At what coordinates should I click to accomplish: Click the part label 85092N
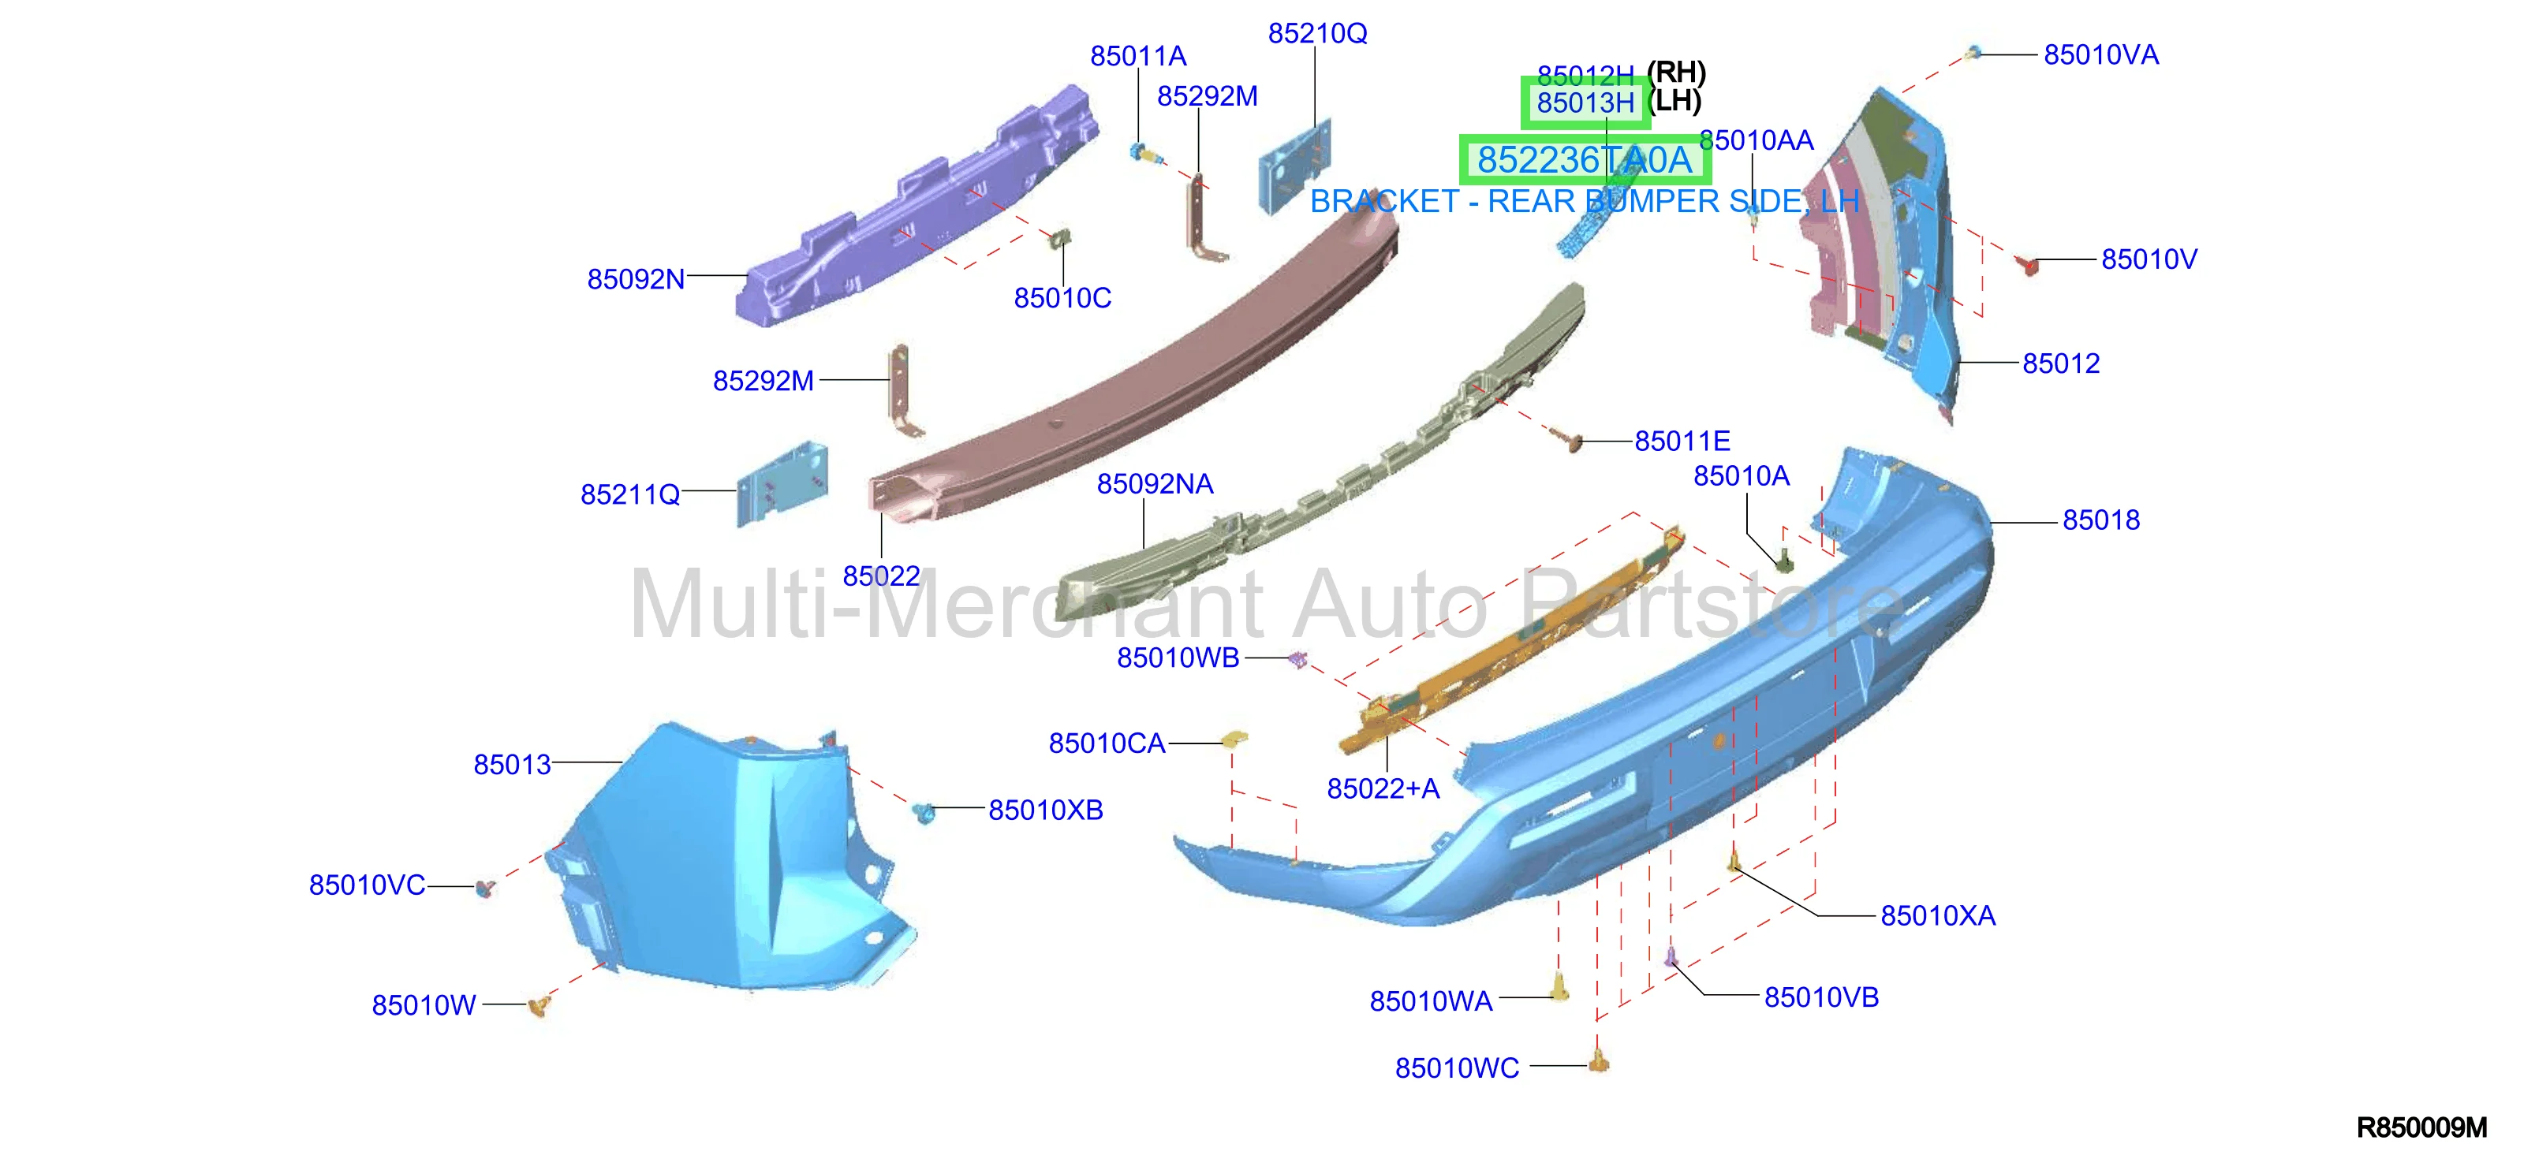(x=636, y=279)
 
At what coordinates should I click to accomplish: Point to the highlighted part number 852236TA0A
(x=1585, y=159)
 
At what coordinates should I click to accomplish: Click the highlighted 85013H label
(x=1585, y=102)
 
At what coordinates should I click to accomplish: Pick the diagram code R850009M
(x=2421, y=1127)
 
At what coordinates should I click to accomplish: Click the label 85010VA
(x=2101, y=55)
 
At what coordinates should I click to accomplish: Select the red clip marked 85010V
(x=2026, y=263)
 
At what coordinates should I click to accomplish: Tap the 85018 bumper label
(x=2101, y=520)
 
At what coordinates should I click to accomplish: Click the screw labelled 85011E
(x=1572, y=441)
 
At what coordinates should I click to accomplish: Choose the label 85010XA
(x=1938, y=916)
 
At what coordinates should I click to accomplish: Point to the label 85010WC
(x=1457, y=1068)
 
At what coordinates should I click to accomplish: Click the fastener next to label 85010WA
(x=1560, y=987)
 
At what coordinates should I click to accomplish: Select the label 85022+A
(x=1383, y=789)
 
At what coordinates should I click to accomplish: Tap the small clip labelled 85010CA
(x=1234, y=739)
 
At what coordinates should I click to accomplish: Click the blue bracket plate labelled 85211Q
(x=782, y=484)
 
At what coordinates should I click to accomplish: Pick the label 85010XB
(x=1045, y=810)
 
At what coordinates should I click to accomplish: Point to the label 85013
(x=512, y=766)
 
